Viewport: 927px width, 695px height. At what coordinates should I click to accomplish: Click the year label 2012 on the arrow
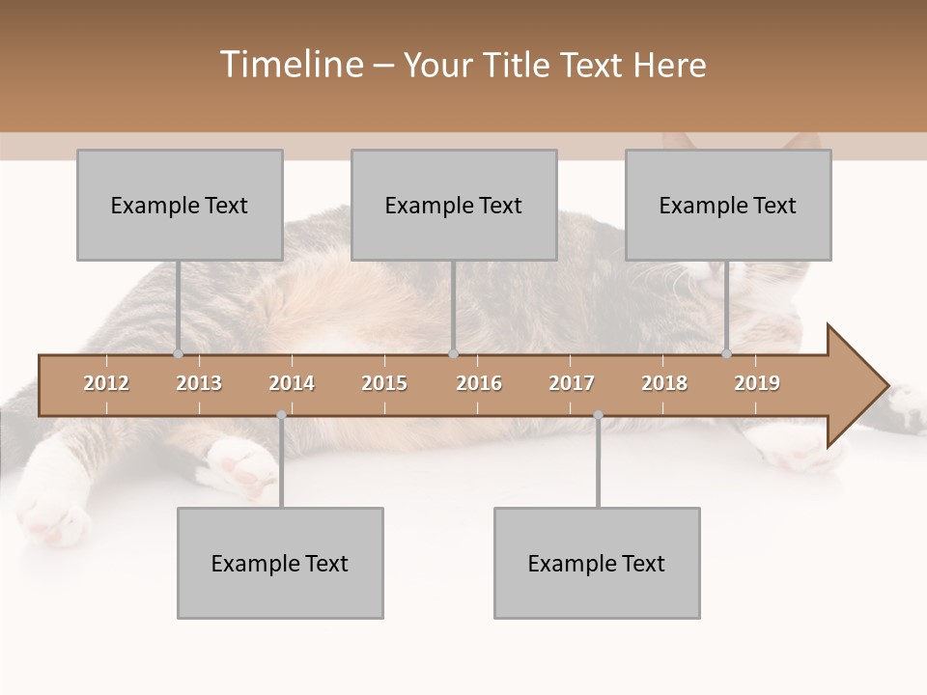click(x=106, y=383)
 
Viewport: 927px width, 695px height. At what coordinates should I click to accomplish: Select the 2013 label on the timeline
click(x=199, y=383)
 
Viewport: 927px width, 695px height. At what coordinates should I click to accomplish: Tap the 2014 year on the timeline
click(x=292, y=383)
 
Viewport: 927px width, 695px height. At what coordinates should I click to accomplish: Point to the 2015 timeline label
click(x=384, y=383)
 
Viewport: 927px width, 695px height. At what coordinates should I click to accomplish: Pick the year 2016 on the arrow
click(x=479, y=383)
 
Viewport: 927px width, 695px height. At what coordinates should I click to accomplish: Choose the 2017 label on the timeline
click(x=572, y=383)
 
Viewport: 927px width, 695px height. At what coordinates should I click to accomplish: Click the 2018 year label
click(x=664, y=383)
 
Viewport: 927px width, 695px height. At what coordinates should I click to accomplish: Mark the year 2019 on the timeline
click(x=757, y=383)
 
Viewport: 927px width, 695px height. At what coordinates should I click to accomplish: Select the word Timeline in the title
click(x=290, y=65)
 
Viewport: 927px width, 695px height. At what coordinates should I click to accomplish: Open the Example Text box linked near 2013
click(x=180, y=205)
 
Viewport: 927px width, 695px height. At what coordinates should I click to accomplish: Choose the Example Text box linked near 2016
click(x=454, y=205)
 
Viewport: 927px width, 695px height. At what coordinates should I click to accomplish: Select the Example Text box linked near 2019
click(x=728, y=205)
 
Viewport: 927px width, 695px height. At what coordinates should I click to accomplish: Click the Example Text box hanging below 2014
click(x=280, y=563)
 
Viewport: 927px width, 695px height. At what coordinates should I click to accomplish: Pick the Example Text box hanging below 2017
click(x=597, y=563)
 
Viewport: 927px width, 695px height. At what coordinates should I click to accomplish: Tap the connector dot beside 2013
click(x=178, y=353)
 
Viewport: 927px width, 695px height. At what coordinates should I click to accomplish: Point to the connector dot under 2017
click(x=598, y=415)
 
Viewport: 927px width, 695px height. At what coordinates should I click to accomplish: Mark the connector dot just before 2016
click(x=454, y=353)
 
